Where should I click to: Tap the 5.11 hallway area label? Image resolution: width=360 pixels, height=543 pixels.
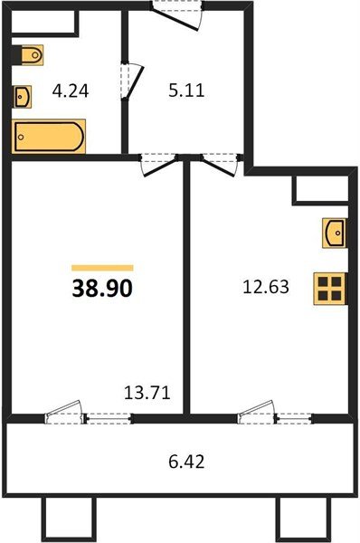tap(186, 90)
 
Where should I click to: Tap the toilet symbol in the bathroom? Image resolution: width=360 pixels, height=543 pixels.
tap(31, 55)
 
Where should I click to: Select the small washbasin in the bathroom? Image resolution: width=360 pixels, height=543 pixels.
tap(24, 94)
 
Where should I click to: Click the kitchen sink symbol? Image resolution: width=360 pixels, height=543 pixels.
tap(334, 233)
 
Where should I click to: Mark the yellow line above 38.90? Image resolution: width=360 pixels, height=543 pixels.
tap(102, 267)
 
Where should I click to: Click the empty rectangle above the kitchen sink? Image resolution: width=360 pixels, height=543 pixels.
tap(320, 189)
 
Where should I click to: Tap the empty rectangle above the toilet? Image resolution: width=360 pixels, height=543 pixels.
tap(44, 24)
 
